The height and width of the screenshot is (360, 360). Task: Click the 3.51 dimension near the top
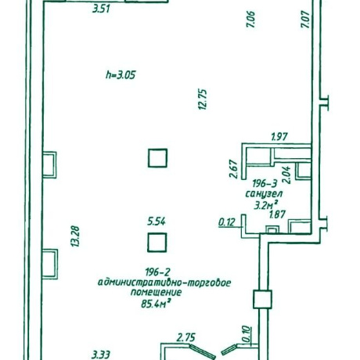tap(101, 9)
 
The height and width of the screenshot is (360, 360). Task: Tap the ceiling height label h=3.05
tap(121, 75)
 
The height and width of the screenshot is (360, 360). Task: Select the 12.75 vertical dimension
tap(203, 99)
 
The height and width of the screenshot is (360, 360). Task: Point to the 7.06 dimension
tap(250, 20)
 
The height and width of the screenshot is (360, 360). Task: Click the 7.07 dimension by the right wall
tap(305, 20)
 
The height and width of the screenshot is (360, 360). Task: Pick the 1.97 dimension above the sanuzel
tap(279, 136)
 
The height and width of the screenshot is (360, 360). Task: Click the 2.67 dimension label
tap(233, 169)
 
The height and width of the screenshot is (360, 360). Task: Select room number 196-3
tap(265, 184)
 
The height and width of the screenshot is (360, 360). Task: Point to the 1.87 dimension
tap(277, 214)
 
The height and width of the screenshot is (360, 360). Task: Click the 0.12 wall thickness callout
tap(227, 222)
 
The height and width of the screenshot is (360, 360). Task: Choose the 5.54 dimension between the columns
tap(157, 221)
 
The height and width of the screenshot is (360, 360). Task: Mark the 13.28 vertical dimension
tap(75, 236)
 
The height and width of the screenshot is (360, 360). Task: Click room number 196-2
tap(157, 272)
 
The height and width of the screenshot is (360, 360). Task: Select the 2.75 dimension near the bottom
tap(185, 338)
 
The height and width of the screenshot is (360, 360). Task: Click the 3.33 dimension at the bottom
tap(101, 355)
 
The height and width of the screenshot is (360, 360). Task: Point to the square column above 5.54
tap(157, 158)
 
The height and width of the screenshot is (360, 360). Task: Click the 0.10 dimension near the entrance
tap(247, 334)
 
